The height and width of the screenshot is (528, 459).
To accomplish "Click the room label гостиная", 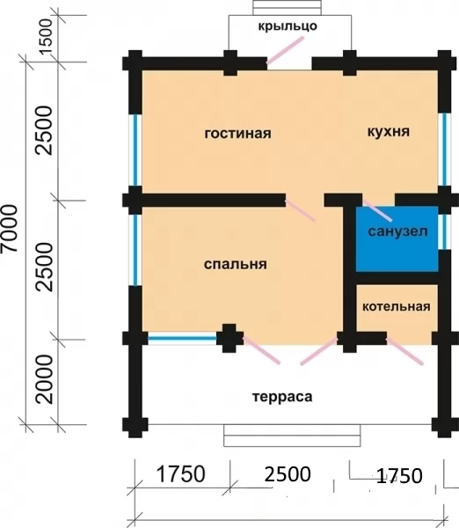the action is point(238,134).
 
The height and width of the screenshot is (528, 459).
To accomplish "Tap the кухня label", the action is point(389,131).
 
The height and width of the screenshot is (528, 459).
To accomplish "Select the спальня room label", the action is point(236,264).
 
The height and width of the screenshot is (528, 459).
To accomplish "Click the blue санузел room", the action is point(397,238).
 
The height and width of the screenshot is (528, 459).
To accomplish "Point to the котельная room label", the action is point(397,306).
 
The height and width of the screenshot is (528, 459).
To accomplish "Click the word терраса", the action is point(282,397).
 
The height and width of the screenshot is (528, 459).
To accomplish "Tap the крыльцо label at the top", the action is point(288,26).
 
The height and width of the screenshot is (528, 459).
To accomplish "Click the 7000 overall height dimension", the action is point(9,228).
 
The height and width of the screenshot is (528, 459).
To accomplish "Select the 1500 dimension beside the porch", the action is point(46,36).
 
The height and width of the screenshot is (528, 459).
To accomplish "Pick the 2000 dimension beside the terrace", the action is point(45,379).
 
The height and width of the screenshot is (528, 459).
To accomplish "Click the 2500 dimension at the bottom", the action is point(288,474).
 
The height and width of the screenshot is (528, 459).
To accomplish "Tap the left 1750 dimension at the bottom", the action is point(181,474).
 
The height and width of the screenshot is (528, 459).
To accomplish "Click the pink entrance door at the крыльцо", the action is point(286,50).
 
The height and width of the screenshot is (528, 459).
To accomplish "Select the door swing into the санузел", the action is point(377,211).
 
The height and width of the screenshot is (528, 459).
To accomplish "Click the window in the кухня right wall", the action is point(445,150).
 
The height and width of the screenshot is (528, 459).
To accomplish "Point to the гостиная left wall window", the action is point(135,150).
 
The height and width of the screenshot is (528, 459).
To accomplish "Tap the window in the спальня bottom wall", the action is point(182,339).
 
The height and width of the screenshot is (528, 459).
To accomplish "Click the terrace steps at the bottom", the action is point(292,436).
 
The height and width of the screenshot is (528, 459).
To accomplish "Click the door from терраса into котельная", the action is point(405,351).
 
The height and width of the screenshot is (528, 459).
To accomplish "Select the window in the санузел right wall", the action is point(444,231).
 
